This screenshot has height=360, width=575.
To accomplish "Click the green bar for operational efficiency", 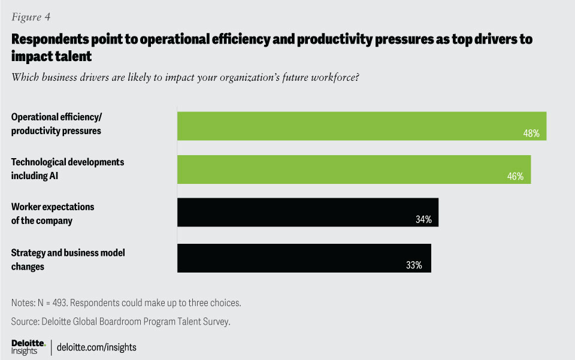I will pos(362,126).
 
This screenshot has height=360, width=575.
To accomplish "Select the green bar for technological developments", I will pos(353,170).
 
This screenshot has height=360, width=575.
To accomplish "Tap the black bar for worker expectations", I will pos(308,213).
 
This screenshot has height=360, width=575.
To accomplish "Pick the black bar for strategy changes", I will pos(304,258).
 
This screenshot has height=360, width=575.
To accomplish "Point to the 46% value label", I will pos(515,177).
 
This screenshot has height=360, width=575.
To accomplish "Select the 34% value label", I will pos(423,220).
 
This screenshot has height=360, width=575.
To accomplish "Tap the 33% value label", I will pos(414,265).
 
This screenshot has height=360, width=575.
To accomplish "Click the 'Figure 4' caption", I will pos(31,17).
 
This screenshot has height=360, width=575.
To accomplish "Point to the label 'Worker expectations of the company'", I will pos(53,213).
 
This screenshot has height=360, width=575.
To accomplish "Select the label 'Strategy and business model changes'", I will pos(68,259).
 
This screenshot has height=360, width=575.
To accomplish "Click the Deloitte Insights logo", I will pos(28,346).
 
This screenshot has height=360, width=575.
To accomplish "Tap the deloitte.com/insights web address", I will pos(96,347).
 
